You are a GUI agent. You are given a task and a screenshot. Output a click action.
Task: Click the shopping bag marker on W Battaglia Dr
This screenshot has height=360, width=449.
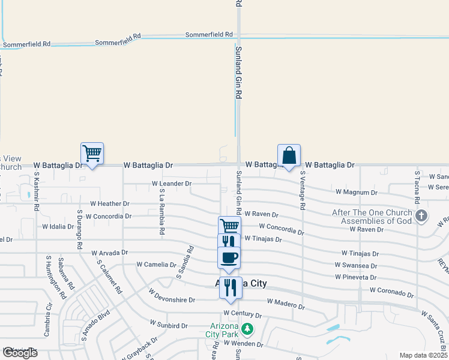coord(289,155)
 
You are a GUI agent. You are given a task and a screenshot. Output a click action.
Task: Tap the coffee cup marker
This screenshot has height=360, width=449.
coord(229,257)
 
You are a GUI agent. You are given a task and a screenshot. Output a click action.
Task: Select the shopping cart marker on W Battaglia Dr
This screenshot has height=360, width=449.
coord(92,153)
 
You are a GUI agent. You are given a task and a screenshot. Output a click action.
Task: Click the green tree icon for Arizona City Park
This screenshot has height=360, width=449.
coord(247,329)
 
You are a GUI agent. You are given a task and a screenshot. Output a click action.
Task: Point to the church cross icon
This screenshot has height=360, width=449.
coord(422,215)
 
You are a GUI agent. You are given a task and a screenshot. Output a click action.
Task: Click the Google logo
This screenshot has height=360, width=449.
coord(20,353)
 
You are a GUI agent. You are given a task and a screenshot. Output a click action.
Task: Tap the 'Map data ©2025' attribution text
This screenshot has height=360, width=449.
coord(423,355)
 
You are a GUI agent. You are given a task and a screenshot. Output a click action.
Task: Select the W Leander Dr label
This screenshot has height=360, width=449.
coord(172,183)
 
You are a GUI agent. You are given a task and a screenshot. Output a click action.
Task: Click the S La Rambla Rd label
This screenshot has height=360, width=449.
coord(162,211)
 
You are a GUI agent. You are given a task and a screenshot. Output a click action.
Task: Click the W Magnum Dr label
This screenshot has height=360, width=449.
coord(357,192)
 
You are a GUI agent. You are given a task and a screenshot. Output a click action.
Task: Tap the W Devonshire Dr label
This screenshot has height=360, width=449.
coord(172,299)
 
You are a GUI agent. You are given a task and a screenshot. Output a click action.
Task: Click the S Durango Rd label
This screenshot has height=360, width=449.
coord(79,229)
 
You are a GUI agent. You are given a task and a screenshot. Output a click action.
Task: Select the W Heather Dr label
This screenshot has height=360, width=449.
coord(110,204)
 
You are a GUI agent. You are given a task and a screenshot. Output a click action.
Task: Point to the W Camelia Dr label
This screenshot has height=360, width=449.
coord(155,264)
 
